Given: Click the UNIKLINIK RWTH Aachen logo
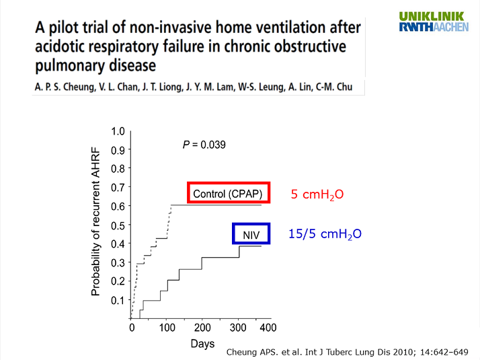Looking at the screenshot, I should tap(433, 22).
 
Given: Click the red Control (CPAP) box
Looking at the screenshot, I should tap(229, 194).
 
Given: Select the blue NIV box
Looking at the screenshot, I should tap(251, 233).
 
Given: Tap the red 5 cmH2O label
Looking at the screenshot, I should tap(317, 194).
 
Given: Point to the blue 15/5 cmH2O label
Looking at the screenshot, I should tap(325, 234).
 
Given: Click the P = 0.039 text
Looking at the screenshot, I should tap(204, 145).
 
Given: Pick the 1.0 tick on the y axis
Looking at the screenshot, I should tap(119, 131).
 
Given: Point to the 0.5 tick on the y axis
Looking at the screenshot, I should tap(119, 224).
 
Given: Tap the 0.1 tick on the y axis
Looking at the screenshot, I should tap(119, 299).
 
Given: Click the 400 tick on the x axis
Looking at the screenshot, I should tap(268, 328).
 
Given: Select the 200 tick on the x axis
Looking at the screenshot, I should tap(202, 328).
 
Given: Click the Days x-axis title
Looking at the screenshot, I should tap(202, 344).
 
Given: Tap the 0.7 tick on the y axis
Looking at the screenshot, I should tap(119, 187).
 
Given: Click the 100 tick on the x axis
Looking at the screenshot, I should tap(167, 328).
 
